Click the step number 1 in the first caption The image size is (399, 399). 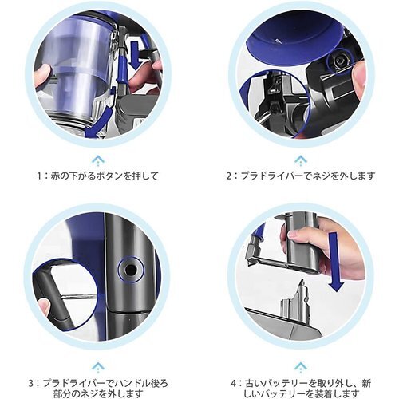[x=40, y=176]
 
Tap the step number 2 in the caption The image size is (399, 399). [x=228, y=176]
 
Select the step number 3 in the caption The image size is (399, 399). [x=31, y=384]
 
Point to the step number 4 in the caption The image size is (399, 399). [x=233, y=384]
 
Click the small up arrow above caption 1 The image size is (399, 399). [x=98, y=160]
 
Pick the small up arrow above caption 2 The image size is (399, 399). [x=301, y=160]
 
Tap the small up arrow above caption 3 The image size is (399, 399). [x=98, y=367]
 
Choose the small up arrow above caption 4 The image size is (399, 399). [x=301, y=367]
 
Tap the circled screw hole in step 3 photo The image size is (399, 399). [x=130, y=270]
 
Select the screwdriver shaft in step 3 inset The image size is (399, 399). [x=77, y=296]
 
